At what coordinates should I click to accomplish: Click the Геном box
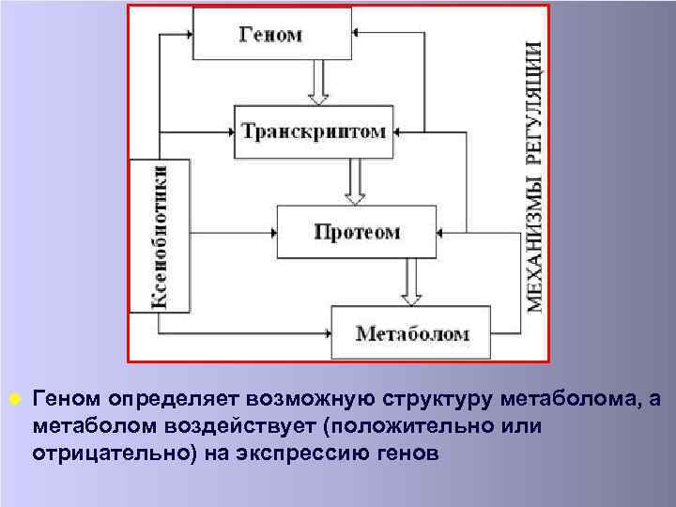point(272,35)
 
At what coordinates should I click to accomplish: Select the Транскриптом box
point(314,131)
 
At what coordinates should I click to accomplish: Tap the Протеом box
point(356,231)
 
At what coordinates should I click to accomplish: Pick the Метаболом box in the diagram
point(411,332)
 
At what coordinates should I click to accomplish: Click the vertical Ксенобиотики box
point(161,236)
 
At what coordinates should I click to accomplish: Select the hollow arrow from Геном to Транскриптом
point(318,84)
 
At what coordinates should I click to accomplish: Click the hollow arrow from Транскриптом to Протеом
point(354,181)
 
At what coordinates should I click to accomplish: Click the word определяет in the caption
point(156,401)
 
